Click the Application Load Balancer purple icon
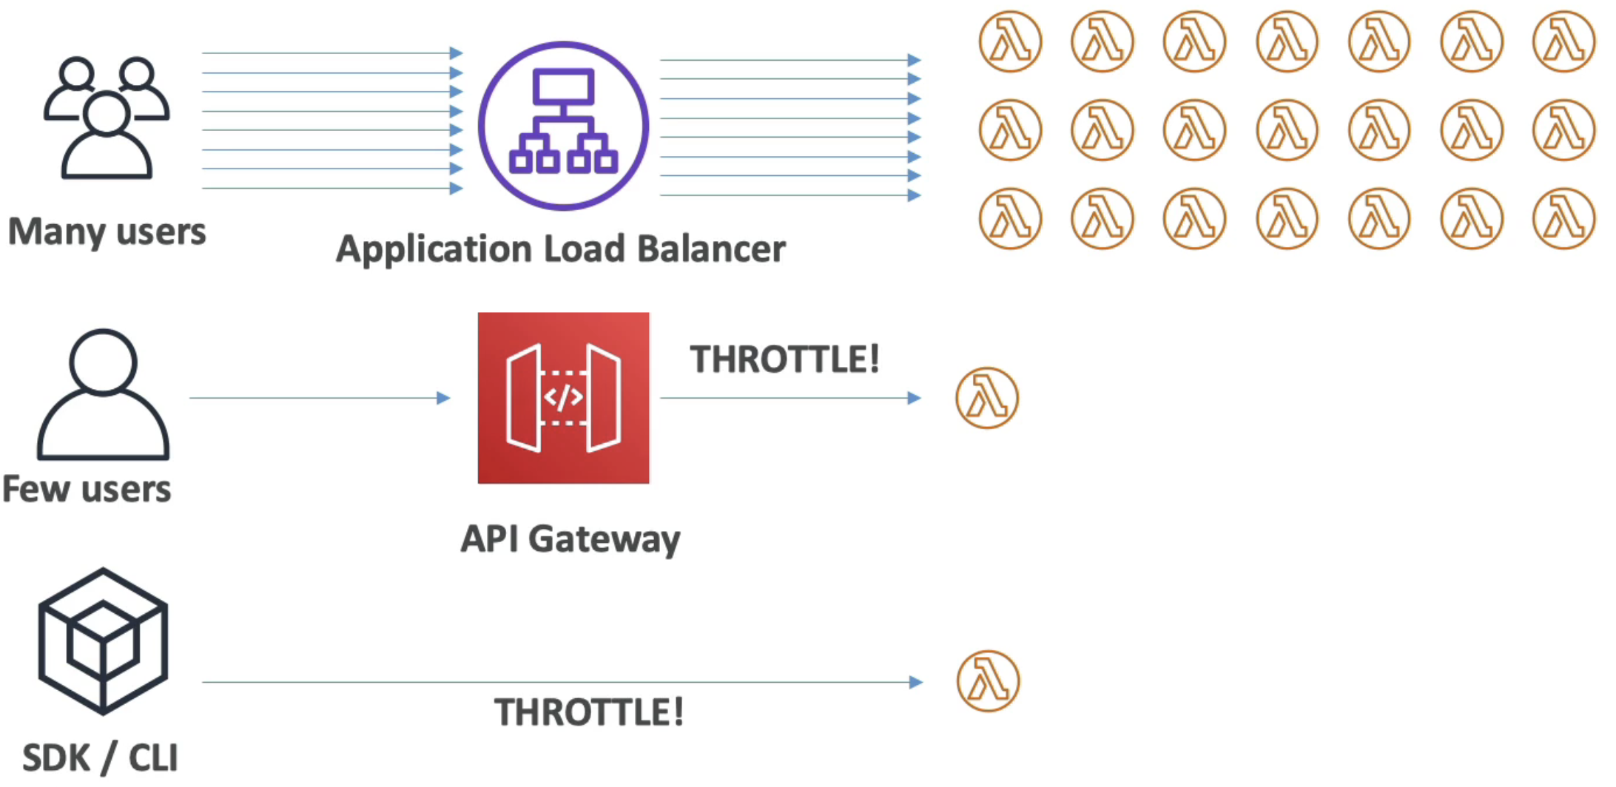[x=563, y=126]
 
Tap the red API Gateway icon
[x=563, y=398]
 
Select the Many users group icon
[x=107, y=118]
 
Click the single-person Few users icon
[x=103, y=395]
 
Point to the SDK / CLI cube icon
[x=103, y=641]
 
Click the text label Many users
[x=107, y=232]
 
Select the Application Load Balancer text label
[x=560, y=249]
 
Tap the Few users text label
[x=87, y=490]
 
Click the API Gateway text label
[x=570, y=538]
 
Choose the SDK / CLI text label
[x=100, y=758]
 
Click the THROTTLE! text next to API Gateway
[x=784, y=359]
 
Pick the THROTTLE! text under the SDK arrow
[x=588, y=713]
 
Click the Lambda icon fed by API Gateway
[x=987, y=398]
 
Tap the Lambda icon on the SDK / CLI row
[x=988, y=680]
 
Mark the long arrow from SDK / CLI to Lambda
[x=562, y=682]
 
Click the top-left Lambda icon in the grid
[x=1010, y=41]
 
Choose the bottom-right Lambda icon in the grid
[x=1563, y=219]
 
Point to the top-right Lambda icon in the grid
[x=1563, y=41]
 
